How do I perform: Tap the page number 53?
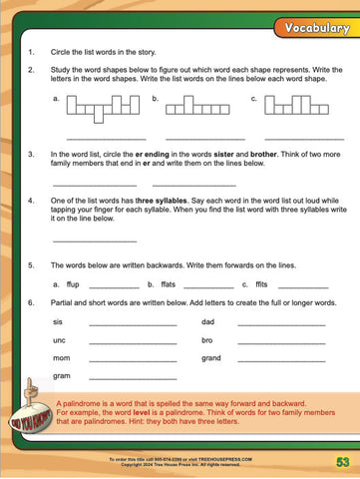pos(341,461)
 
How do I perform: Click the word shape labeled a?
pos(103,106)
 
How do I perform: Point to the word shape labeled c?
pos(288,105)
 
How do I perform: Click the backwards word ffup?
pos(73,284)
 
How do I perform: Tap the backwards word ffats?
pos(168,284)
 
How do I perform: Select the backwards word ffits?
pos(263,284)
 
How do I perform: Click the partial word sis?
pos(58,322)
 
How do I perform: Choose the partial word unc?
pos(59,340)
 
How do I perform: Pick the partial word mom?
pos(61,358)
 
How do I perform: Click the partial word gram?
pos(61,376)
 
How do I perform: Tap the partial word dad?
pos(207,322)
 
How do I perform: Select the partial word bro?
pos(206,340)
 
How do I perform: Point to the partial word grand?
pos(210,358)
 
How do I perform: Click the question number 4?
pos(32,200)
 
